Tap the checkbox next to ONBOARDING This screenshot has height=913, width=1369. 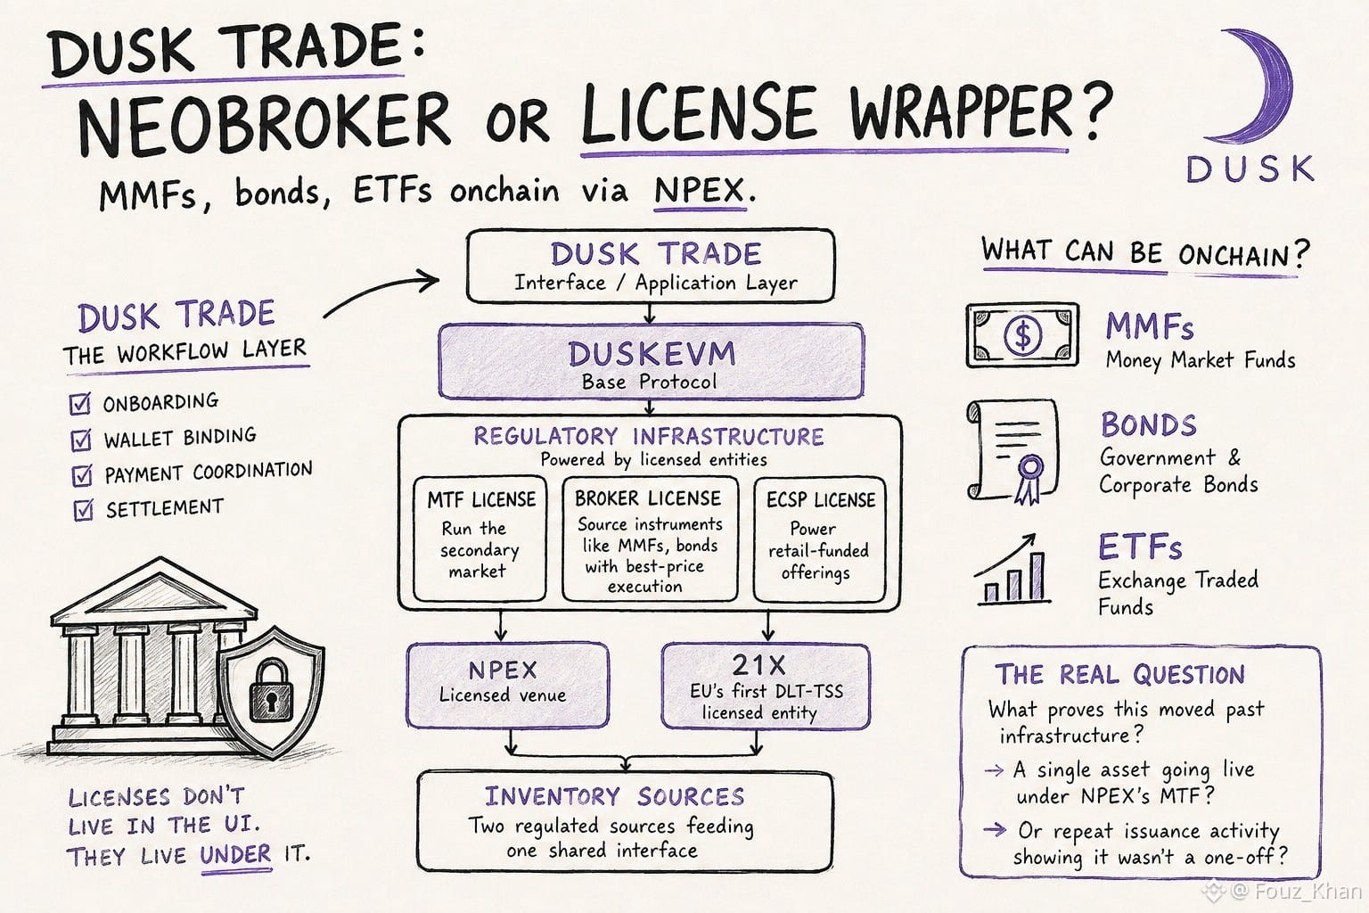pos(80,404)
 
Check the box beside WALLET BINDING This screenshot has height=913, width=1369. pos(81,440)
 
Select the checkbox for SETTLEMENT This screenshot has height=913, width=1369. pos(83,509)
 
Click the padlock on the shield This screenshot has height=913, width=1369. pos(271,687)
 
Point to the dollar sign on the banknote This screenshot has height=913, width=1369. pos(1022,335)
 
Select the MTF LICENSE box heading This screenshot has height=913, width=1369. pos(481,499)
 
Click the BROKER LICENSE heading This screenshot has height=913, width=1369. pos(648,498)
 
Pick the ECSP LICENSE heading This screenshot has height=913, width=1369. pos(821,500)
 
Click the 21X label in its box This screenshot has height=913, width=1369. pos(758,665)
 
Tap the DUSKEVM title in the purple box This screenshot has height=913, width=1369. pos(652,353)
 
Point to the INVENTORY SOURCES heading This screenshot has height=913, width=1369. pos(615,796)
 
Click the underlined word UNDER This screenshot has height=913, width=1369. pos(235,853)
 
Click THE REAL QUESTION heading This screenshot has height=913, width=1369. pos(1119,675)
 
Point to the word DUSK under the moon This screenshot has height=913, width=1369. pos(1250,169)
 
